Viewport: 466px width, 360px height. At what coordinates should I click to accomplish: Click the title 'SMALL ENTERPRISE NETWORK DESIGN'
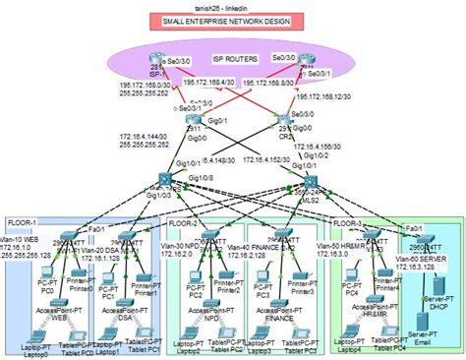(x=232, y=20)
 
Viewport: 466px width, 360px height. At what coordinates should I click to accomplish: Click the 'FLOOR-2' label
(x=185, y=223)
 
